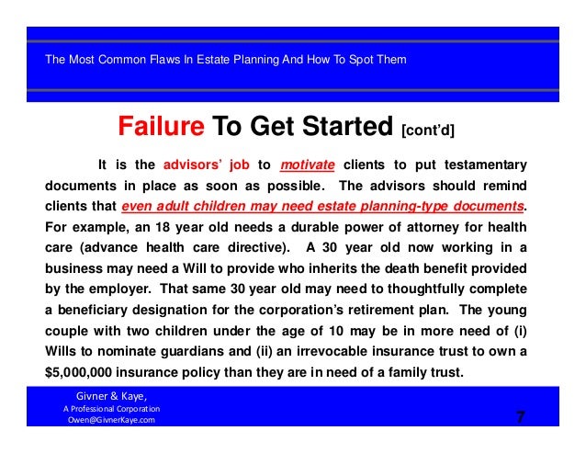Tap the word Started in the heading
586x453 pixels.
point(344,126)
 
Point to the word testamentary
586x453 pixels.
point(486,165)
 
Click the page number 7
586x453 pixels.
point(520,418)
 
